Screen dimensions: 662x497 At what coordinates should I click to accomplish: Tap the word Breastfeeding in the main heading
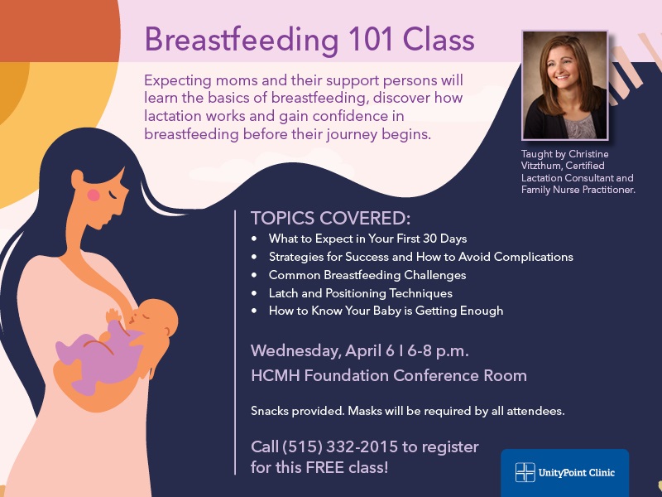(x=242, y=40)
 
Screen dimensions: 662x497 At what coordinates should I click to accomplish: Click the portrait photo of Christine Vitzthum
(x=565, y=85)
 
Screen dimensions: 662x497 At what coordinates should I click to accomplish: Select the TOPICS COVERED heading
(x=330, y=218)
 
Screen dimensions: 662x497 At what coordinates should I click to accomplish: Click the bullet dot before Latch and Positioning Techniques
(x=254, y=293)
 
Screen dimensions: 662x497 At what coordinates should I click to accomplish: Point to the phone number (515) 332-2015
(x=340, y=446)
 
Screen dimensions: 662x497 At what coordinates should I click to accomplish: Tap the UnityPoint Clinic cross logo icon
(x=525, y=472)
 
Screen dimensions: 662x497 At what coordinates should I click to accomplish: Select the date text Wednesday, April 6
(x=323, y=351)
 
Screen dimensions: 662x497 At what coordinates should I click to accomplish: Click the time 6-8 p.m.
(x=439, y=351)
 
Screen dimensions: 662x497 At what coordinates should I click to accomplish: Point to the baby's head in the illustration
(x=156, y=318)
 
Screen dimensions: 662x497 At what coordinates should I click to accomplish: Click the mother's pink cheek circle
(x=94, y=195)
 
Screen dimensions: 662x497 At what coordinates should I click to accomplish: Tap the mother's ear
(x=77, y=179)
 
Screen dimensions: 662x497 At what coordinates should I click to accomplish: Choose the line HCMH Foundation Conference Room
(x=389, y=375)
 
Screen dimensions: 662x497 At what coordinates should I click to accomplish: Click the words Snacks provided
(x=297, y=411)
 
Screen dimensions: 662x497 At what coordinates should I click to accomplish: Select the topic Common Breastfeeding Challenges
(x=367, y=275)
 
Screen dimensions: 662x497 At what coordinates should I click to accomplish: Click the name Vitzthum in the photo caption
(x=541, y=166)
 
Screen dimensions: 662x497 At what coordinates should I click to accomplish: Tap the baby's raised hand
(x=113, y=316)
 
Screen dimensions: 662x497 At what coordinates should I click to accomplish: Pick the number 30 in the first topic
(x=429, y=239)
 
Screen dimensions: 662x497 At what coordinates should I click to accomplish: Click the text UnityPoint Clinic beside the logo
(x=577, y=472)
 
